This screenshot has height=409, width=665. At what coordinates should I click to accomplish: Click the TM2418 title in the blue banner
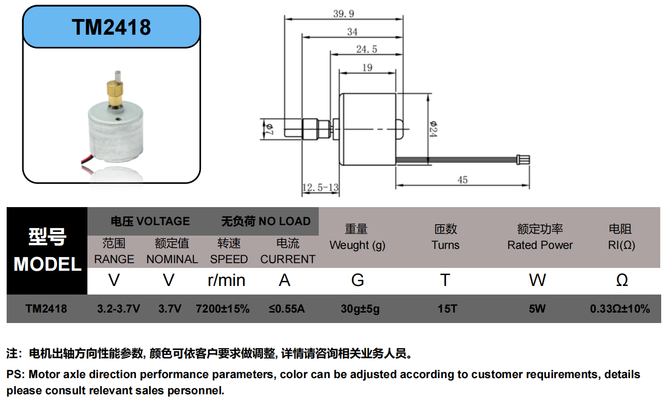112,27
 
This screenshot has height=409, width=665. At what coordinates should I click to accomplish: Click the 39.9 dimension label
343,14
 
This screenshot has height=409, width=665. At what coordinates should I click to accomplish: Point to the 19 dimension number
367,68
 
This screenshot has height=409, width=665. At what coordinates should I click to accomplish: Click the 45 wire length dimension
462,180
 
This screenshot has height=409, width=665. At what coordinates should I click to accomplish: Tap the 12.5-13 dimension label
321,188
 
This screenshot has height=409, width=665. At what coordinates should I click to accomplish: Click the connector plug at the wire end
523,161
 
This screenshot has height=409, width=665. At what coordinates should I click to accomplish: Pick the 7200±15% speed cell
222,309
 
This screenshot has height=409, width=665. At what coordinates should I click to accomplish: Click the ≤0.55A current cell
286,309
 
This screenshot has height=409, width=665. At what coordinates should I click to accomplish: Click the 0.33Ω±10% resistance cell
620,309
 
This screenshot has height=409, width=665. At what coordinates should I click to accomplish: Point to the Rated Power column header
540,245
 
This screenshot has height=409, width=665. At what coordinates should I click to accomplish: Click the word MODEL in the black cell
47,264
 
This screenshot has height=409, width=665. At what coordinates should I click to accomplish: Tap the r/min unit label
227,280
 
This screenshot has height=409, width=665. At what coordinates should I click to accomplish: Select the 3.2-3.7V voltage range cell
118,309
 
